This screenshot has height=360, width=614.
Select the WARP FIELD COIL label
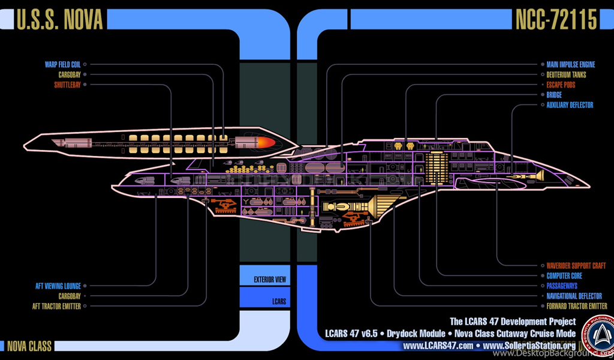pyautogui.click(x=62, y=64)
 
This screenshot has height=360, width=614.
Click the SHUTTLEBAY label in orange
pyautogui.click(x=67, y=85)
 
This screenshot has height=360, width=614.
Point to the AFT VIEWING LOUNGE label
pyautogui.click(x=56, y=286)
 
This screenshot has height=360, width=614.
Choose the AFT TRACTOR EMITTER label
pyautogui.click(x=56, y=306)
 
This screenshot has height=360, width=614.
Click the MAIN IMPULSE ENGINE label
pyautogui.click(x=570, y=64)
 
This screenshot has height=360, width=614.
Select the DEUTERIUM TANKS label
pyautogui.click(x=566, y=75)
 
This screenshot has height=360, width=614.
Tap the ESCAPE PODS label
pyautogui.click(x=561, y=85)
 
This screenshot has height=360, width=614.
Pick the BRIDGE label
pyautogui.click(x=554, y=95)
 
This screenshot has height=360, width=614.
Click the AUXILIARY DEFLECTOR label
pyautogui.click(x=570, y=105)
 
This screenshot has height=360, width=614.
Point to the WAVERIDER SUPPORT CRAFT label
pyautogui.click(x=576, y=265)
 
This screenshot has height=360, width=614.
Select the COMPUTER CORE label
pyautogui.click(x=564, y=275)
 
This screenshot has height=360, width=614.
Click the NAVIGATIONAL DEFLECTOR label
pyautogui.click(x=574, y=296)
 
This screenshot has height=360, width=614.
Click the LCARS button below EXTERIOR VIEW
pyautogui.click(x=278, y=301)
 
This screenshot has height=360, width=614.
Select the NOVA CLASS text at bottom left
pyautogui.click(x=29, y=346)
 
